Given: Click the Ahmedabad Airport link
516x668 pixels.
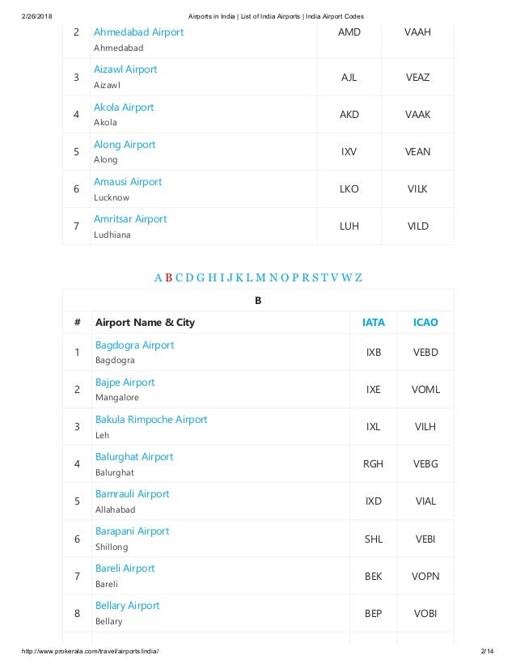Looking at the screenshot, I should (138, 32).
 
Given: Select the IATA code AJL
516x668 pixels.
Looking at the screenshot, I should (349, 77).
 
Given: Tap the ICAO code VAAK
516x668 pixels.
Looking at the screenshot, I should (417, 115).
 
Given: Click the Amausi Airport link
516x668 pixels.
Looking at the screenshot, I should (128, 182).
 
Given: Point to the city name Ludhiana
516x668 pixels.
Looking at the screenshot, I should (113, 235).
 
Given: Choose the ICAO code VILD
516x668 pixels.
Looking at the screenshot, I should (417, 226).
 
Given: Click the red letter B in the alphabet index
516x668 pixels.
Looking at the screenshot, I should (168, 278).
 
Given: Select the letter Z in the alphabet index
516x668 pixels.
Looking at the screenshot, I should (357, 278).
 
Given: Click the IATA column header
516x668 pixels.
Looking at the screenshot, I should (373, 322).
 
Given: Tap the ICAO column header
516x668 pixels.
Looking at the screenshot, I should (425, 322).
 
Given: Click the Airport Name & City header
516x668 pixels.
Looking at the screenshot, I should (145, 322).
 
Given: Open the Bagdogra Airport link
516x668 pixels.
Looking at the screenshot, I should (134, 345).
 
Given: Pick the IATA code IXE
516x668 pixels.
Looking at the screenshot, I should (373, 390).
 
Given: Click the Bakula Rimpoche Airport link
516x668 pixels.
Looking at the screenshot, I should (151, 420).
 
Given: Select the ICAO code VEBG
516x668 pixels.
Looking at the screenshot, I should (425, 464).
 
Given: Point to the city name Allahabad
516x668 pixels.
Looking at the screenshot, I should (115, 509).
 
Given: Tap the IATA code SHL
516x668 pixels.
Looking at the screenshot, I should (373, 539).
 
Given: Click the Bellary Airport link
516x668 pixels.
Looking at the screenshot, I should (127, 606).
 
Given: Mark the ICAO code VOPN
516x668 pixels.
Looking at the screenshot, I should (425, 576).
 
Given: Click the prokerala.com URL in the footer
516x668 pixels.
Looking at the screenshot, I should (91, 652).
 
